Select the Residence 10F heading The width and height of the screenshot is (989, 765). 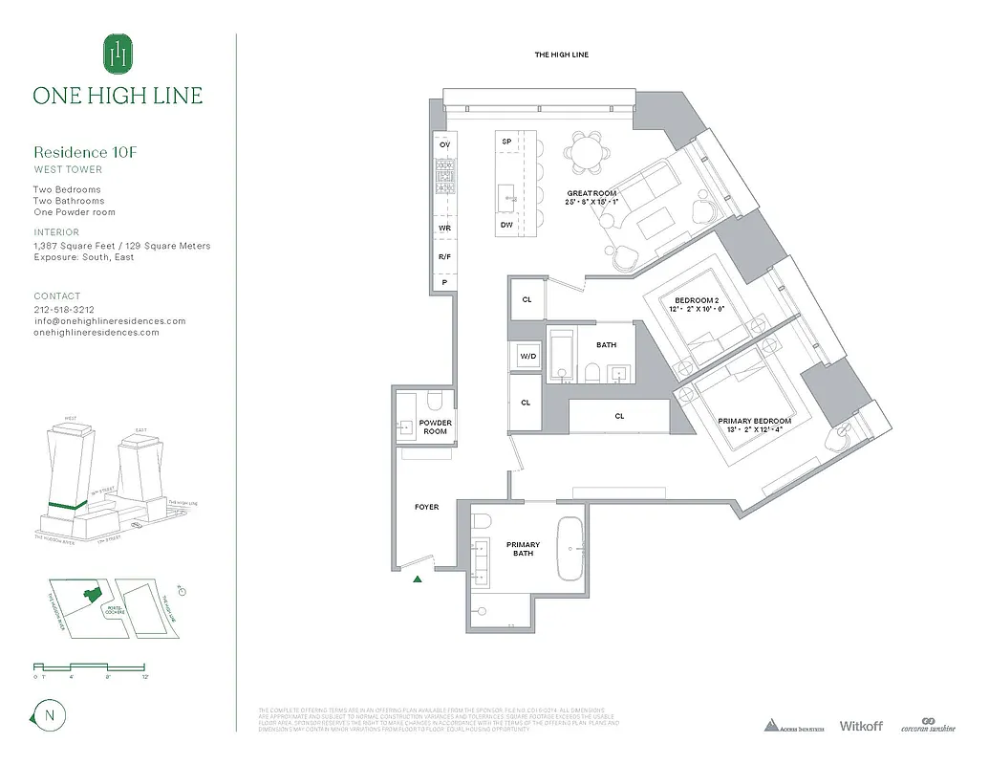point(79,152)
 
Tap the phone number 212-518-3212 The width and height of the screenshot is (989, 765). point(64,310)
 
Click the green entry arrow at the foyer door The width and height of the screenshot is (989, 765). point(417,579)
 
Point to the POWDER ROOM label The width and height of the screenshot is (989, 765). point(435,426)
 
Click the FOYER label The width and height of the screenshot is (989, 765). point(426,507)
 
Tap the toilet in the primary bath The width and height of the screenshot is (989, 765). point(483,522)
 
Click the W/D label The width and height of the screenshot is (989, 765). point(527,357)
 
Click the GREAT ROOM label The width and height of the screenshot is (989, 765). point(591,198)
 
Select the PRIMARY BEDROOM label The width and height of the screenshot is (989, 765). point(755,426)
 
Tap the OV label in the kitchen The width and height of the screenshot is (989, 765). point(444,144)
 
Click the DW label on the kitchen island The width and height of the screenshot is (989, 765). point(505,226)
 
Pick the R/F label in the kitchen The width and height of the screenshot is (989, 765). point(444,257)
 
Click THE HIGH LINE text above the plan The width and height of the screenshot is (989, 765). point(561,55)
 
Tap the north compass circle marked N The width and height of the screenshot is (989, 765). point(46,714)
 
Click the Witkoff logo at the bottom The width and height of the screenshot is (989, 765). point(860,726)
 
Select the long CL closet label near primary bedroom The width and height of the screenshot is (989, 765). point(619,416)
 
